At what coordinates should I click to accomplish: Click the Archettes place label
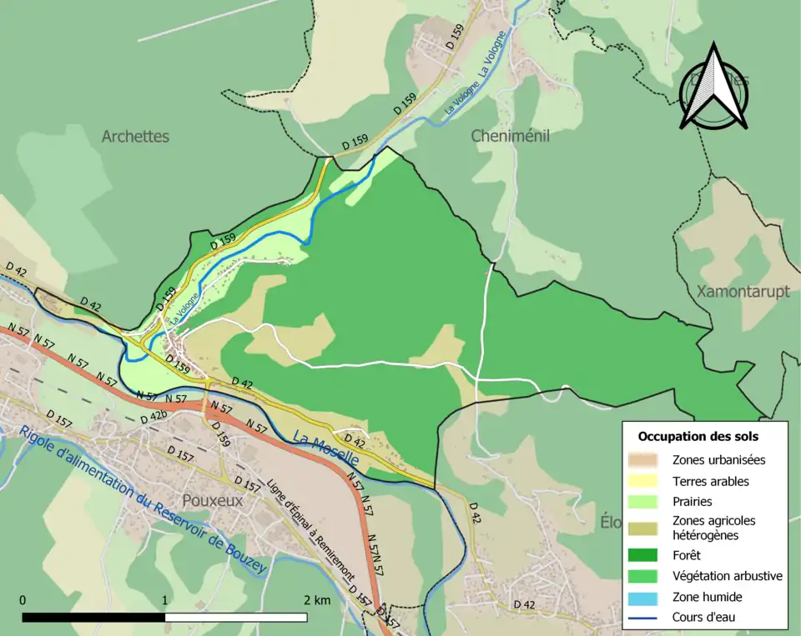click(135, 136)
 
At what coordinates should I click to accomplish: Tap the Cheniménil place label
click(510, 136)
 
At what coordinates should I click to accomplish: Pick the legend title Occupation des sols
click(698, 436)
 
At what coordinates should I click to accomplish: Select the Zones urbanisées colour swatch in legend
click(647, 459)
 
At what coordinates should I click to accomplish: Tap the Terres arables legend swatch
click(647, 481)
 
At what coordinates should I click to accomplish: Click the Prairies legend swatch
click(647, 502)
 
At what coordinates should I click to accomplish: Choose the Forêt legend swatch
click(647, 554)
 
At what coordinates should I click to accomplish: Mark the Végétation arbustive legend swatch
click(647, 575)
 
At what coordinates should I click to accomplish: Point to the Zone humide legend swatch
click(647, 597)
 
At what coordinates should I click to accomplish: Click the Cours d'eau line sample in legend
click(647, 618)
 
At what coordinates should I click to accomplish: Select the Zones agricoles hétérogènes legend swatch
click(647, 528)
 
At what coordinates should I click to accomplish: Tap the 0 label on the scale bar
click(23, 600)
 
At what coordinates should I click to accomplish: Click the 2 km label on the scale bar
click(317, 600)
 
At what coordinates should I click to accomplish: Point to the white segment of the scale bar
click(236, 618)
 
